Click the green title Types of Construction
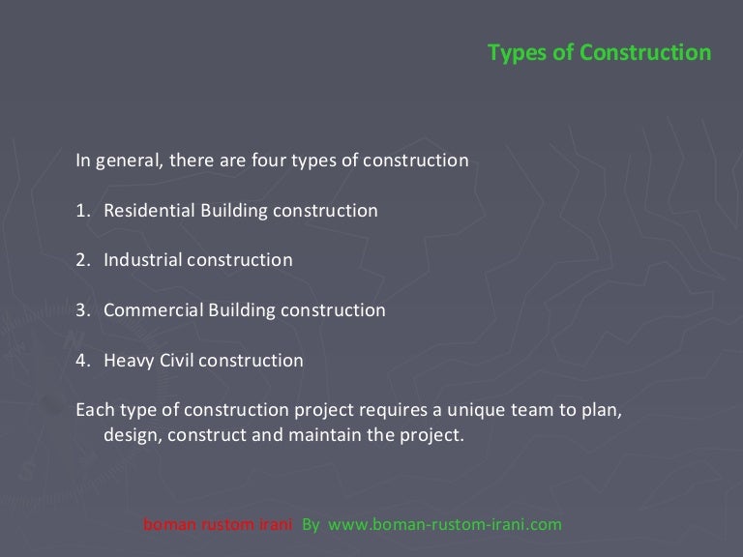point(599,52)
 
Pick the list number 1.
point(82,210)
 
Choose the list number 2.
point(82,260)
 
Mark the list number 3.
point(82,310)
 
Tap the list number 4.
point(82,361)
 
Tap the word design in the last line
point(131,436)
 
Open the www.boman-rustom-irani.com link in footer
point(445,525)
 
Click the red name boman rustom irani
point(218,525)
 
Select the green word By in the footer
point(311,525)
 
